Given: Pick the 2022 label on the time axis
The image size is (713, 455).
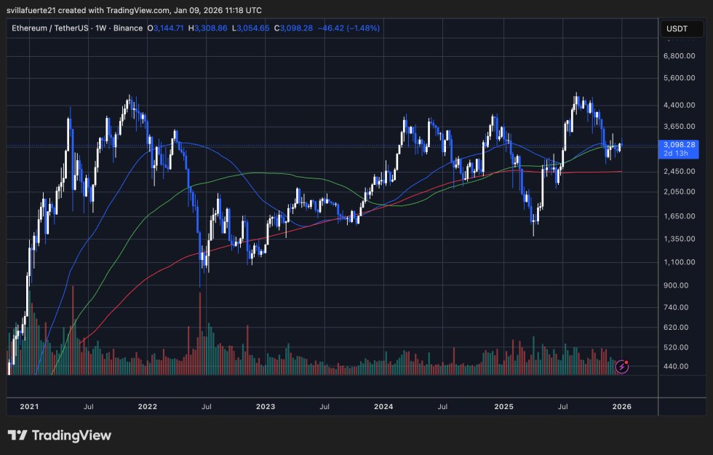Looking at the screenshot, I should tap(148, 406).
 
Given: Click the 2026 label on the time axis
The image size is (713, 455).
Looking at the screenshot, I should tap(622, 406).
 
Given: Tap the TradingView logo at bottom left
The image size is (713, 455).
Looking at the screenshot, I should tap(60, 435).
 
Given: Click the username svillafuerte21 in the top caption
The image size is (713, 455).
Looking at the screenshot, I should tap(41, 9).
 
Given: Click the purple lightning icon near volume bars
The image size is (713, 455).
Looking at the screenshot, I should tap(621, 365).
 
